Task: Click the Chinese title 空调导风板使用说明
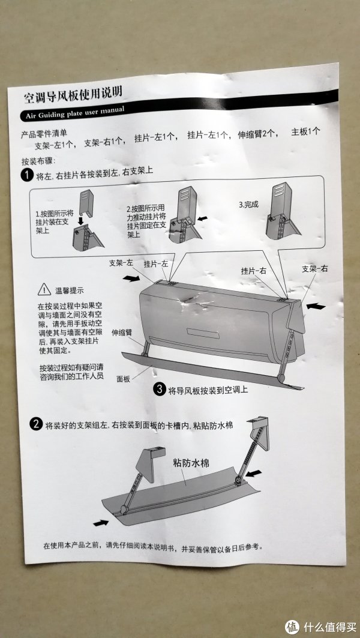click(x=73, y=95)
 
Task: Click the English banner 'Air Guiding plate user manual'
click(x=75, y=112)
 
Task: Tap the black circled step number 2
click(x=36, y=424)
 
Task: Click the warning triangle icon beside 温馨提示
click(x=44, y=290)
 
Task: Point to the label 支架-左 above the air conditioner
click(x=121, y=263)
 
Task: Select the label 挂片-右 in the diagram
click(x=253, y=271)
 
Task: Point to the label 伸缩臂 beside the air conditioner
click(x=122, y=332)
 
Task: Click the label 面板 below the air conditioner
click(x=123, y=379)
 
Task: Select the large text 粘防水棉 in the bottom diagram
click(x=191, y=463)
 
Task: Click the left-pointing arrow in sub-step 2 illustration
click(x=202, y=218)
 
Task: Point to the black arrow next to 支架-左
click(x=131, y=278)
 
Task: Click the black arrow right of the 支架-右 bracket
click(x=316, y=306)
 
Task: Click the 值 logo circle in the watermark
click(x=292, y=627)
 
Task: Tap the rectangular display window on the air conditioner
click(x=203, y=333)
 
